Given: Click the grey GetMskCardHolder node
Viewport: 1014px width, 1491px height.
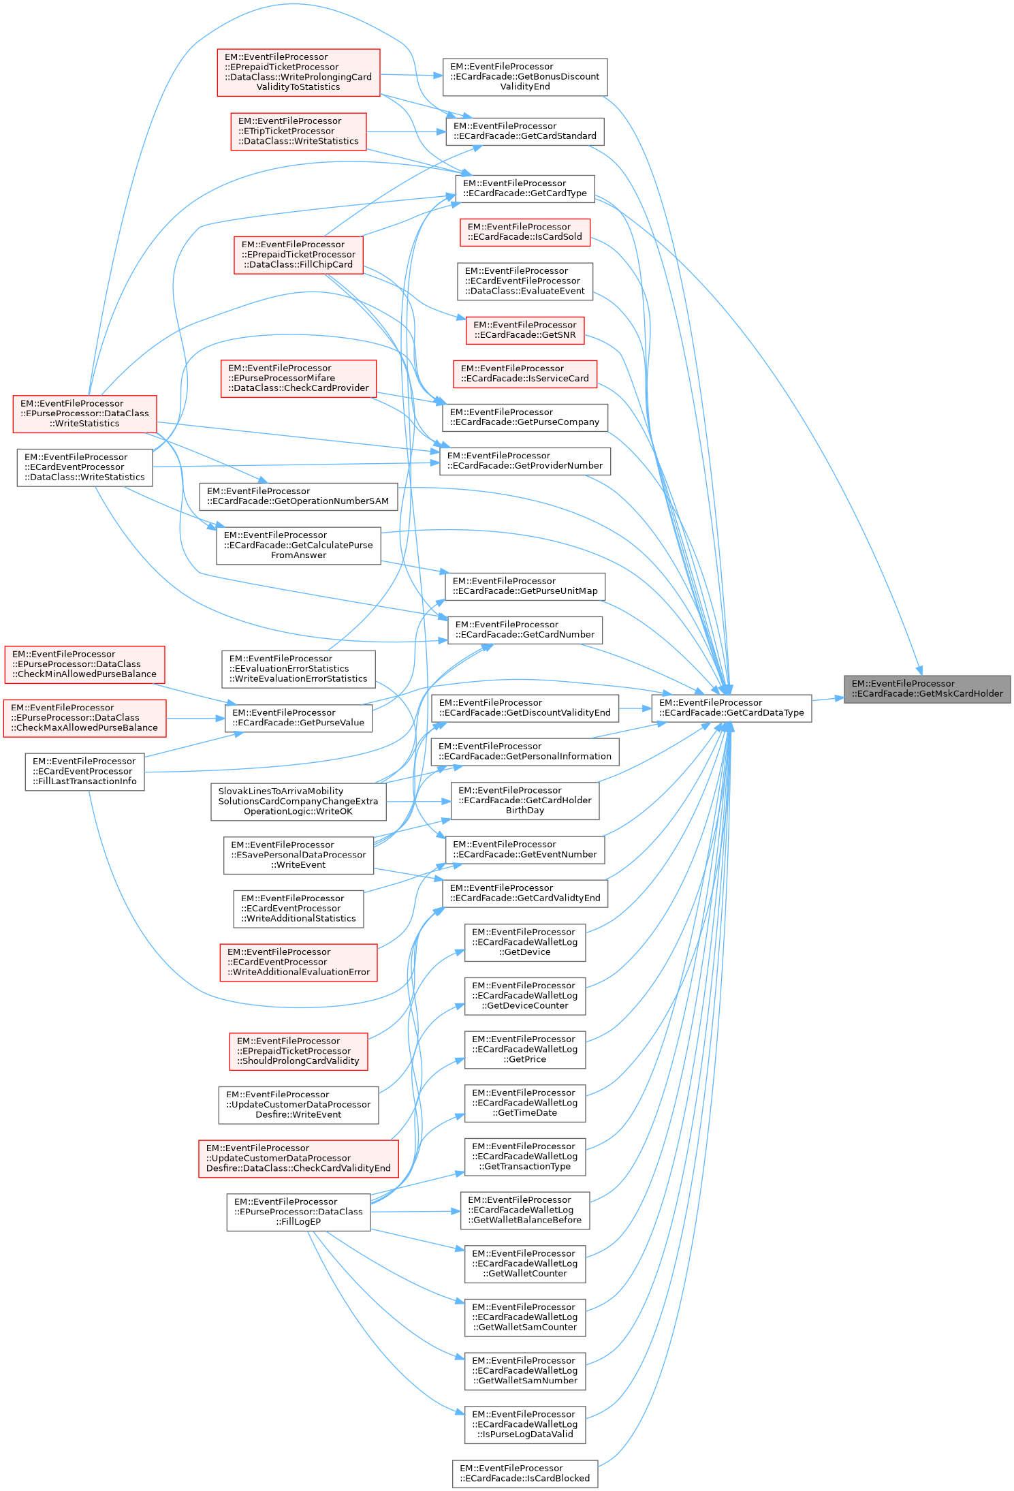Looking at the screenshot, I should pos(927,689).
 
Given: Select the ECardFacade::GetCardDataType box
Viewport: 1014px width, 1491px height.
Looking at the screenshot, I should pos(731,708).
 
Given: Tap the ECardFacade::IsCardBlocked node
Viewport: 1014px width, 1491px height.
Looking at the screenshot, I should pos(524,1473).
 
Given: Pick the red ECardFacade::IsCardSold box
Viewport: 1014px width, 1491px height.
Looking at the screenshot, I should pos(524,232).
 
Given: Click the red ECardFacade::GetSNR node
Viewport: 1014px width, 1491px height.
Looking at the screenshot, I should pos(524,330).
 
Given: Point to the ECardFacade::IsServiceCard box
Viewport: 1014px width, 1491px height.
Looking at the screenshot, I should pos(524,373).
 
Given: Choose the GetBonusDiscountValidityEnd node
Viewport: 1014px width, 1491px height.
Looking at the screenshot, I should pos(524,76).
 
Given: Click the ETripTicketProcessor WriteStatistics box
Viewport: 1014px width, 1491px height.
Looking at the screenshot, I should pos(298,131).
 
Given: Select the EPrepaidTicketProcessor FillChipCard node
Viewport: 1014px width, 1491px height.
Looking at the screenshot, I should pos(298,254).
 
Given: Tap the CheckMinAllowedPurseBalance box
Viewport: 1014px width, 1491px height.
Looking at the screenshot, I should pos(84,664).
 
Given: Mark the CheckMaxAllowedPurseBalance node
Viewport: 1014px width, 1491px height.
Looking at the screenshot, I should pos(84,718).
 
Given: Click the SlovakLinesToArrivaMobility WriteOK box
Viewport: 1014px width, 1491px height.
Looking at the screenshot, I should pos(298,801).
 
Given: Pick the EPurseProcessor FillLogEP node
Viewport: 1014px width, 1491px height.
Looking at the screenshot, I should pos(298,1212).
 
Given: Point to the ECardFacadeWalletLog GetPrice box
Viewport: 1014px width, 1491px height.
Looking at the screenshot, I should pos(524,1049).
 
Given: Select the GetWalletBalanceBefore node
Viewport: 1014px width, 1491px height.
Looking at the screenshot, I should pos(524,1210).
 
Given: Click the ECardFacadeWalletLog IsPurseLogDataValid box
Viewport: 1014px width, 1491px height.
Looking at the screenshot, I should pos(524,1424).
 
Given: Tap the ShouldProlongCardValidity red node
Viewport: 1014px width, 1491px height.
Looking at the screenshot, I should pos(298,1051).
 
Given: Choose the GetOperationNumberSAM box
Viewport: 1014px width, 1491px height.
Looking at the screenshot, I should pos(298,496).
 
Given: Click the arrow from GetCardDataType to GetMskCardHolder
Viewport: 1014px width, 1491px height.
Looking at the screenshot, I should pos(827,699).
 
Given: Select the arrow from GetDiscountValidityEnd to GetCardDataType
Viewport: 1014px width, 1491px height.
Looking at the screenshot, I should pos(635,708).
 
